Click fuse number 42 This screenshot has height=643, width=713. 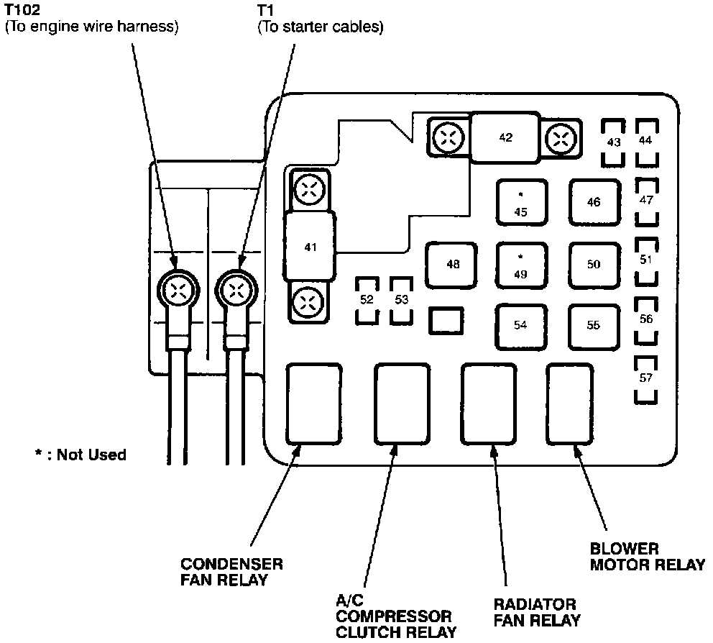coord(505,137)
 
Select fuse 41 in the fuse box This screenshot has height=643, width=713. coord(310,247)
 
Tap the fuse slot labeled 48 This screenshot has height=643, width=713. coord(452,265)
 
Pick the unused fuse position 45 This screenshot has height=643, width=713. coord(521,204)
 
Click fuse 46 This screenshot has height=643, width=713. coord(594,203)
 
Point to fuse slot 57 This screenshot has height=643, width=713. coord(646,378)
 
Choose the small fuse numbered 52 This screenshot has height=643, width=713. coord(367,299)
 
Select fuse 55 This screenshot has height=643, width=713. coord(593,325)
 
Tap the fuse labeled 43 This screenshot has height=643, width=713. coord(613,142)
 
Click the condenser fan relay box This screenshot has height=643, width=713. coord(313,403)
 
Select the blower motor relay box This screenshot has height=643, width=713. coord(570,403)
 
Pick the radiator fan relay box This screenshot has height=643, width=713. coord(487,404)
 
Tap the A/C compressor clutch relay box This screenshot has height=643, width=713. coord(401,404)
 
